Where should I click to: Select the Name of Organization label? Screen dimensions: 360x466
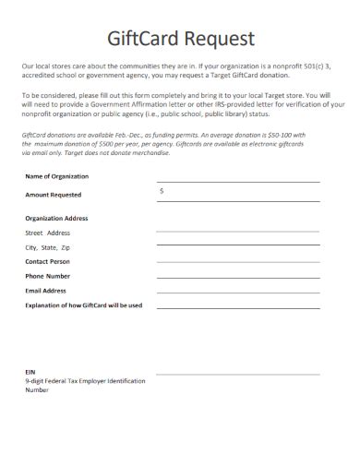pos(57,175)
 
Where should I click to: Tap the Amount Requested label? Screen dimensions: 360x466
pos(54,195)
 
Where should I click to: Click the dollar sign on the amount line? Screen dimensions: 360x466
pos(162,190)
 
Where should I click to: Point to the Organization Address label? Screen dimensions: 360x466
pos(57,219)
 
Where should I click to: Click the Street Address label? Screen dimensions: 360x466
pos(48,233)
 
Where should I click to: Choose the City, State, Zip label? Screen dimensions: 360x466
pos(48,248)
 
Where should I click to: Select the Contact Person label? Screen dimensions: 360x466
pos(50,262)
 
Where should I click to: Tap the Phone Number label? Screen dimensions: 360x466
pos(48,276)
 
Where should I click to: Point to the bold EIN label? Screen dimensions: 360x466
pos(30,371)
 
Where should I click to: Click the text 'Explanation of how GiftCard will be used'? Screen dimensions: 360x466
pos(84,305)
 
